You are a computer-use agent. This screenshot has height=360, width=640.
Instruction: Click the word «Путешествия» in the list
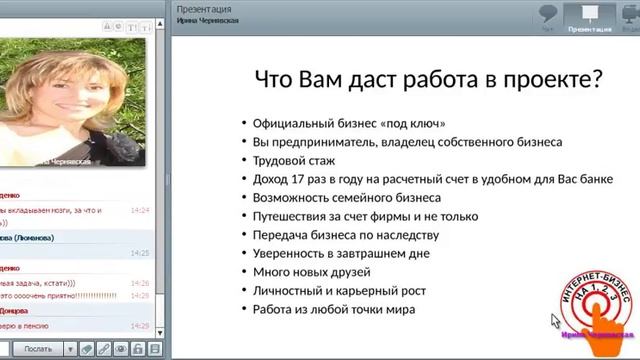293,216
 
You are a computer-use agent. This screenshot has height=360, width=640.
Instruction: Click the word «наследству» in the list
394,235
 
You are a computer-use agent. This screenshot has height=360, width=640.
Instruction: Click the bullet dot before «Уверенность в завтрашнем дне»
244,254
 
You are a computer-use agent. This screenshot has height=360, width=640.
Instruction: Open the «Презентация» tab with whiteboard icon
589,18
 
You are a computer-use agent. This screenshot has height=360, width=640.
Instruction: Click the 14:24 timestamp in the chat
139,211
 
